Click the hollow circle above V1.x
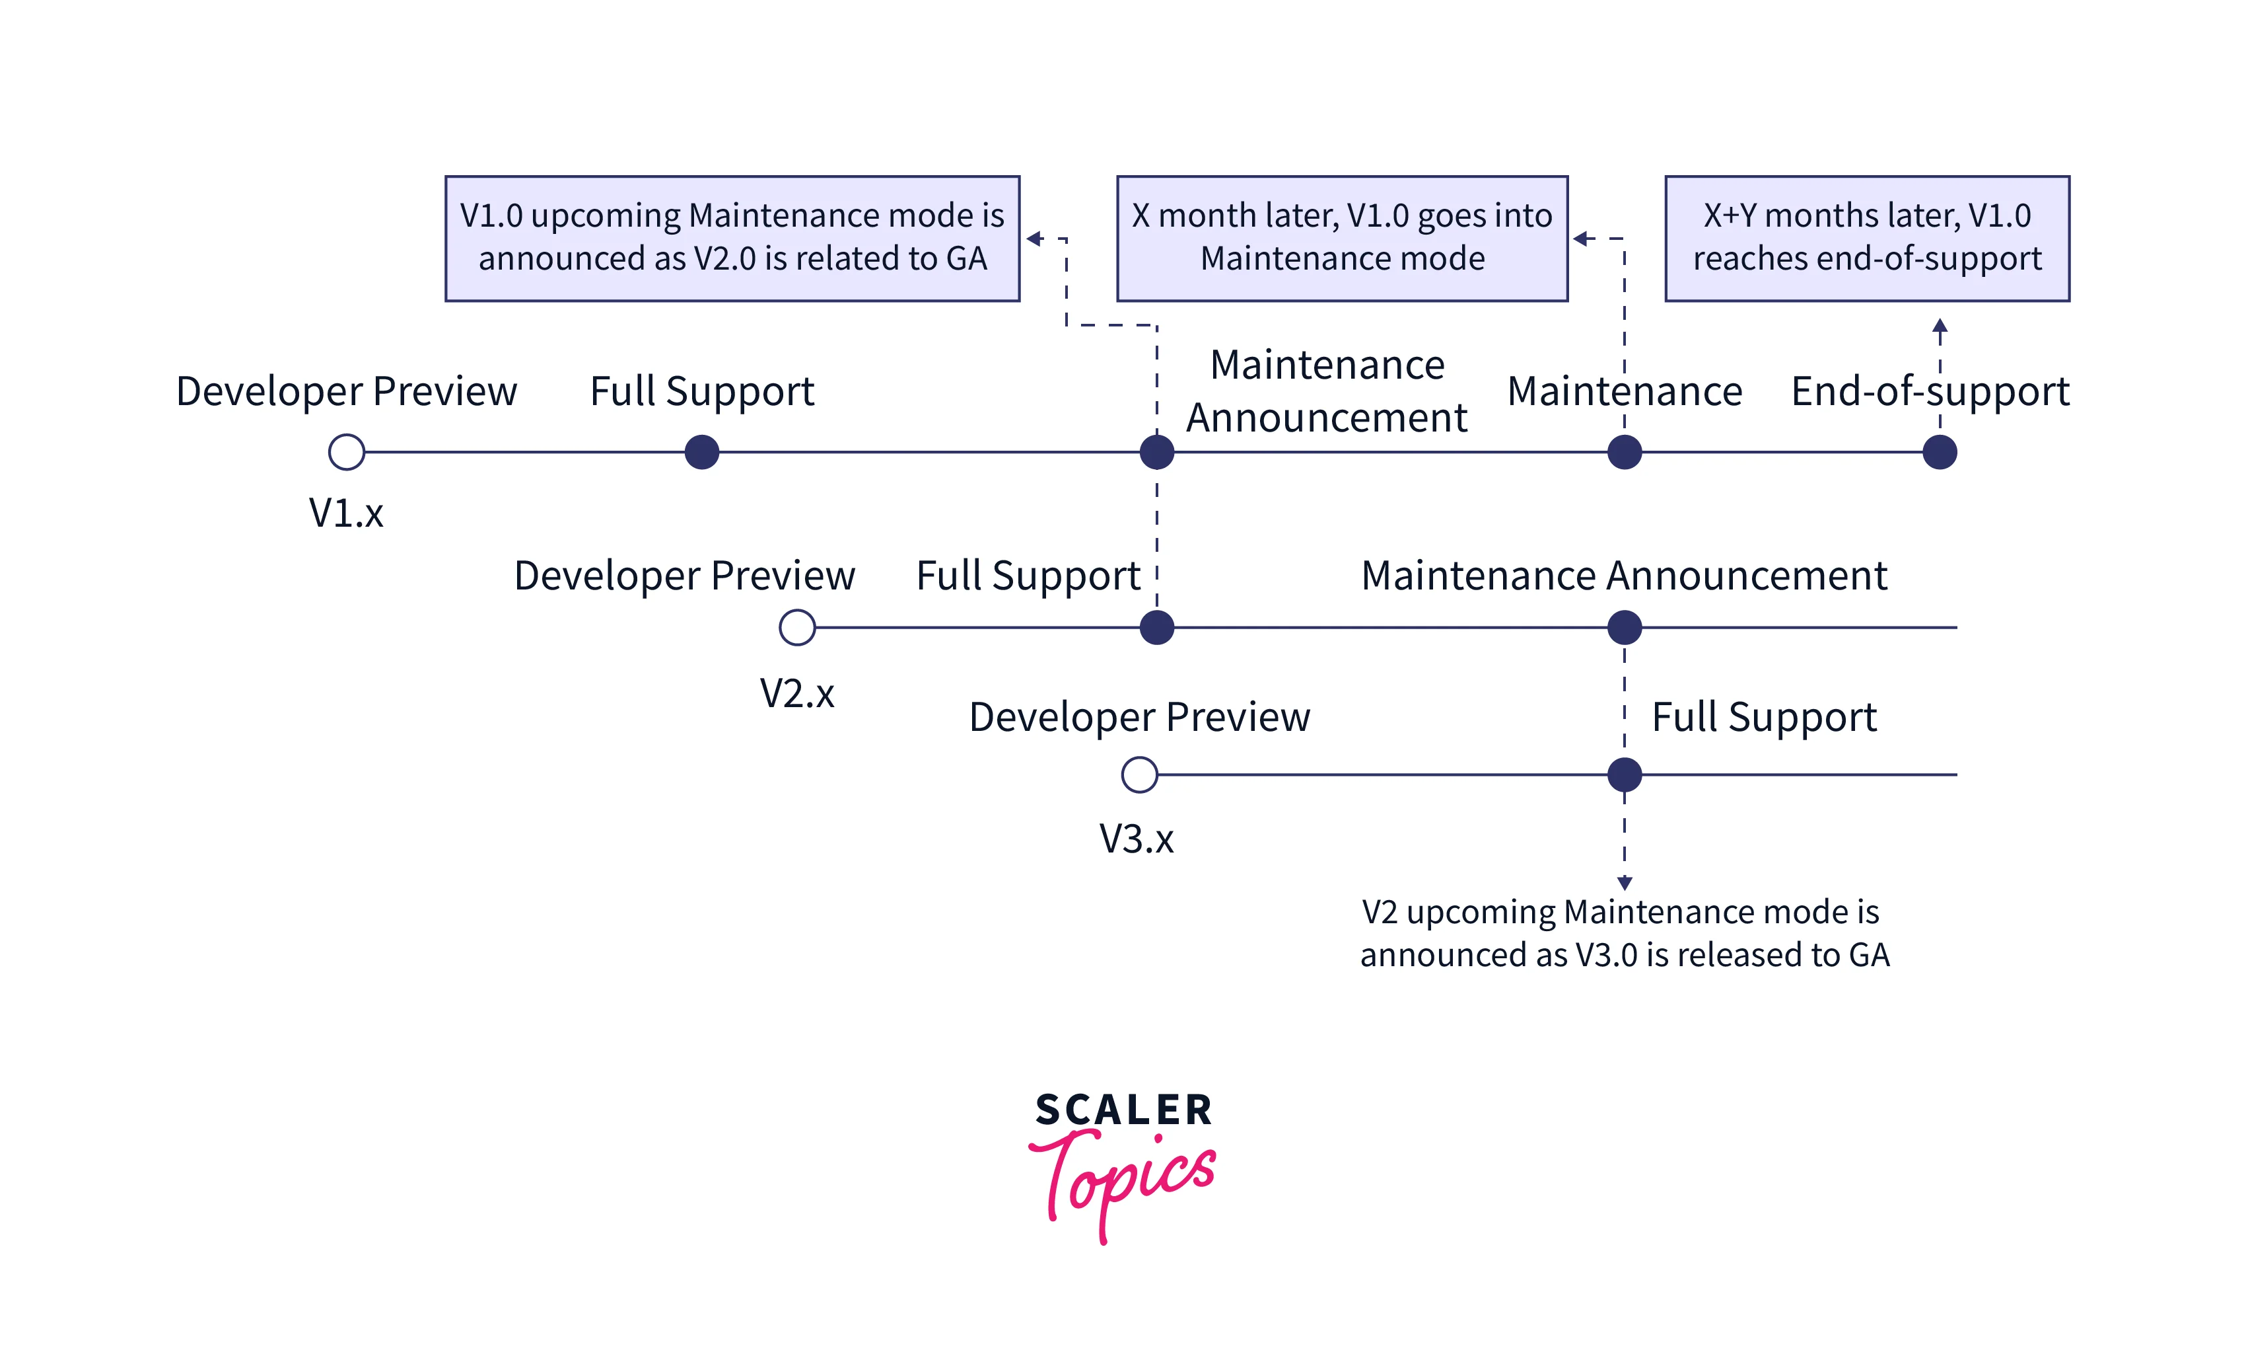pyautogui.click(x=347, y=452)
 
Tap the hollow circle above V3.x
pyautogui.click(x=1139, y=775)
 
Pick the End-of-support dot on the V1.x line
pyautogui.click(x=1940, y=452)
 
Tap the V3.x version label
pyautogui.click(x=1137, y=839)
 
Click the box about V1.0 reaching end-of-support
pyautogui.click(x=1867, y=238)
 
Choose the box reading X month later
pyautogui.click(x=1342, y=238)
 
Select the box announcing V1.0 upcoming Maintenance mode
pyautogui.click(x=732, y=238)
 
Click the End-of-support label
pyautogui.click(x=1930, y=391)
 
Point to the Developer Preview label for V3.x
pyautogui.click(x=1139, y=717)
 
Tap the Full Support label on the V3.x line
pyautogui.click(x=1764, y=717)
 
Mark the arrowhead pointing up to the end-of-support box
pyautogui.click(x=1940, y=326)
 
